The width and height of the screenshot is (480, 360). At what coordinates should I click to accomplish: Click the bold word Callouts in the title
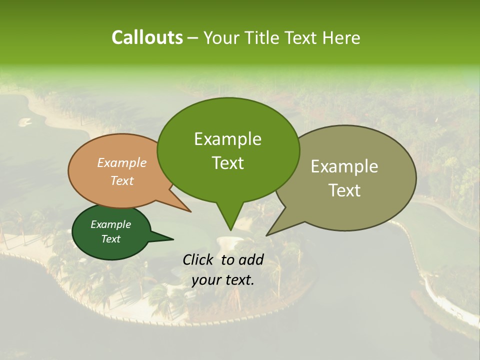[147, 37]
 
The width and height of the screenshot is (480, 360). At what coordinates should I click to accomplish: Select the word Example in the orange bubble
[122, 162]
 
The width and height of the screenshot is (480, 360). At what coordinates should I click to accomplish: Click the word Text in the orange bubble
[122, 180]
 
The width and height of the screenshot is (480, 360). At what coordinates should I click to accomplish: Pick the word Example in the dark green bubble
[110, 224]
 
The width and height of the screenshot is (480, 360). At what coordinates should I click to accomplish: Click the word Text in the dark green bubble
[110, 239]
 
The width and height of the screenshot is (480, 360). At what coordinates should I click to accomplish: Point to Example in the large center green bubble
[227, 139]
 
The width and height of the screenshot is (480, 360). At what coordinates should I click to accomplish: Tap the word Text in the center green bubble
[227, 163]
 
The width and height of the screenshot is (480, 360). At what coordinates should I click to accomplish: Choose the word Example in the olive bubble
[344, 166]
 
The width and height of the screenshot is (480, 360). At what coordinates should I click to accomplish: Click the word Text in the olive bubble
[344, 190]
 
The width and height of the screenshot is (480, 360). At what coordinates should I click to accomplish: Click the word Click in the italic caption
[199, 259]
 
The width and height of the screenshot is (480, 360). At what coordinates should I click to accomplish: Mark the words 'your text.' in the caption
[223, 280]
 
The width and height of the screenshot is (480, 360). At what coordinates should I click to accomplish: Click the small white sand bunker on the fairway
[24, 121]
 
